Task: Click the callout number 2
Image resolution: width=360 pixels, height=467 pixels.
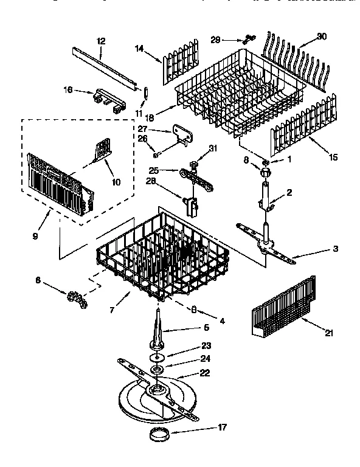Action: click(x=289, y=193)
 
